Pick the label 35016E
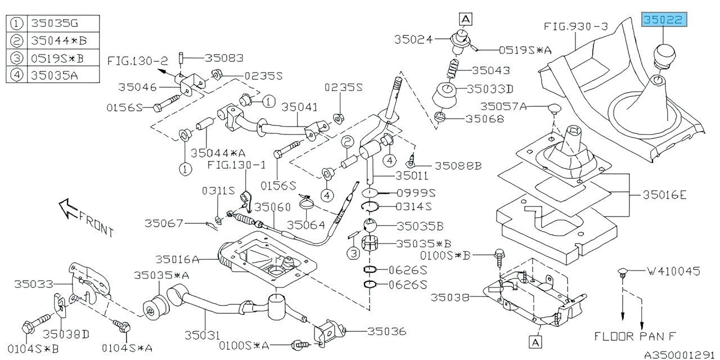click(665, 195)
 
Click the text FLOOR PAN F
click(635, 336)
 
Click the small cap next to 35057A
click(554, 108)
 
